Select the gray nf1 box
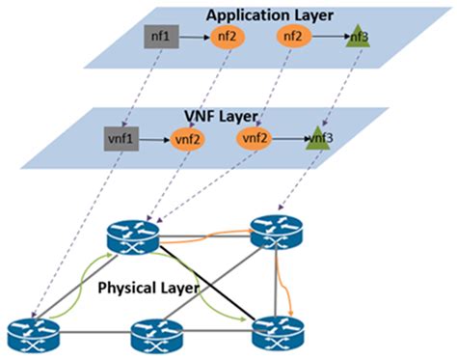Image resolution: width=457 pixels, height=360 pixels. (x=160, y=38)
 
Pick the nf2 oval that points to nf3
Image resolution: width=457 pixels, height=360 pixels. (x=293, y=37)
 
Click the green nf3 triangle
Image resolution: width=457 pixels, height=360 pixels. (x=358, y=39)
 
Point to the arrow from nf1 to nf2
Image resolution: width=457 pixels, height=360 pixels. (x=193, y=40)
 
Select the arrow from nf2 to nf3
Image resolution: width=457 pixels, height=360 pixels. (x=328, y=38)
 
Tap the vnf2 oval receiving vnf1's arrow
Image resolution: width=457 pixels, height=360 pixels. (x=187, y=141)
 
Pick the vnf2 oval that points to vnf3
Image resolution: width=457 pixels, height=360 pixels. (x=255, y=138)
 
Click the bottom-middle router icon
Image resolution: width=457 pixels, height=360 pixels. (x=155, y=338)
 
